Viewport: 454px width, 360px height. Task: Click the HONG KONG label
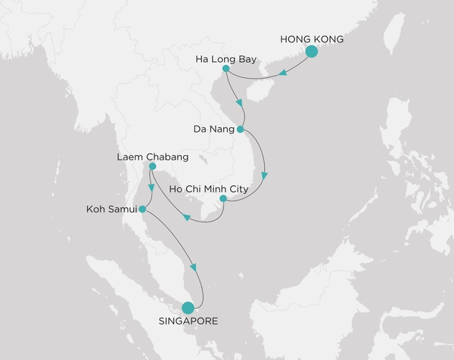(312, 38)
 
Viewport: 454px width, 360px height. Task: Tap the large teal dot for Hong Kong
(311, 51)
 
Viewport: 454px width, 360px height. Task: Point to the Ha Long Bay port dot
(226, 69)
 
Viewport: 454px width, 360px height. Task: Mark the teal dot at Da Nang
(241, 129)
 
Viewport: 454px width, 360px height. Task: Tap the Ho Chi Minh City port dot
(222, 200)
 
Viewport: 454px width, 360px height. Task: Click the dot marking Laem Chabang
(152, 166)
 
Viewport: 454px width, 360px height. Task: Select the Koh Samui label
(113, 209)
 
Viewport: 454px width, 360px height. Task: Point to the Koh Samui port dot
(142, 209)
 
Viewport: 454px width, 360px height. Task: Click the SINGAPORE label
(188, 321)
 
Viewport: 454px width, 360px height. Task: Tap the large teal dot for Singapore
(188, 307)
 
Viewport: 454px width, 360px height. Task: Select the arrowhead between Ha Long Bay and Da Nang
(239, 104)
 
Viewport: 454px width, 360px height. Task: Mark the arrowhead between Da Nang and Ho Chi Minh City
(264, 175)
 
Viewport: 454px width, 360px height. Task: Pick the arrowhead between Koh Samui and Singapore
(194, 267)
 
